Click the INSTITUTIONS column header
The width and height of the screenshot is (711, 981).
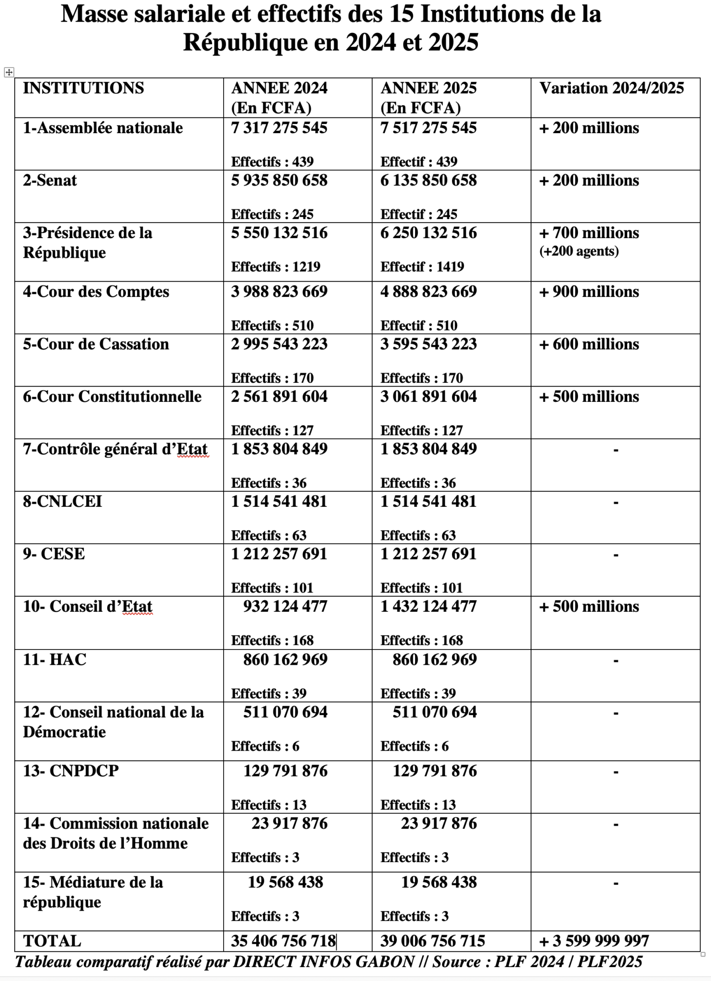83,88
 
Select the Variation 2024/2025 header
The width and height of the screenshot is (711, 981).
611,88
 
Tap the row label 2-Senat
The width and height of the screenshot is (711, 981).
50,181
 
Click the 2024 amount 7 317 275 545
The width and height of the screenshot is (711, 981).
279,128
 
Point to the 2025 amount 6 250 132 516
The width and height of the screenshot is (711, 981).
429,233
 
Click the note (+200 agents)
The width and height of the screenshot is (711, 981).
579,251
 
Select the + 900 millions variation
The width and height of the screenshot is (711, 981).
589,292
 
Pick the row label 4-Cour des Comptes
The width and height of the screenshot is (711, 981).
96,292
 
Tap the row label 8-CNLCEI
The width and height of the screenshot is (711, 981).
62,502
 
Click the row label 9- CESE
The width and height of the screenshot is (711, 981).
54,554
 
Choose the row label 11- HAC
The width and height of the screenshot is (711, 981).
55,660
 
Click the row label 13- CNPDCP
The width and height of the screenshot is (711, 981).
70,771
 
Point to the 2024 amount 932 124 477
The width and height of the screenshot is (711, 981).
285,606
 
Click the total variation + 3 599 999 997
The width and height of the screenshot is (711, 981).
594,941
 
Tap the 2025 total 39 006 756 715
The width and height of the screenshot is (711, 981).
432,941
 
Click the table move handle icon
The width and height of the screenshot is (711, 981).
9,72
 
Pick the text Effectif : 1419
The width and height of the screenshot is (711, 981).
422,267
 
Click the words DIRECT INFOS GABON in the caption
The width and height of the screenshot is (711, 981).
324,961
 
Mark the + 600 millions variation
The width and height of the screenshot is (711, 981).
589,344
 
